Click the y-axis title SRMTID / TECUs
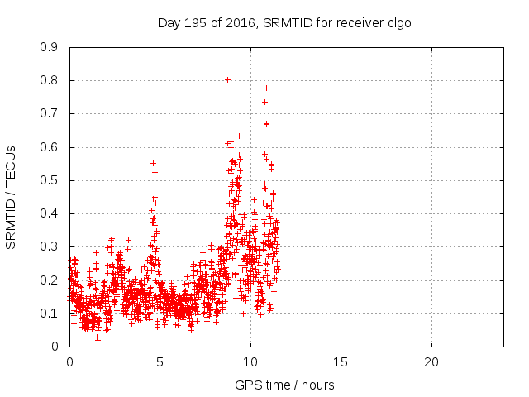pyautogui.click(x=11, y=197)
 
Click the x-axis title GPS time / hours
pyautogui.click(x=285, y=385)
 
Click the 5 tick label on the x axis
pyautogui.click(x=160, y=362)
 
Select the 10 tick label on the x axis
pyautogui.click(x=250, y=362)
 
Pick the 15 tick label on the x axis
pyautogui.click(x=341, y=362)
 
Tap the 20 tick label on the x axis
pyautogui.click(x=431, y=362)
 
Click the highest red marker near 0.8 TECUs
pyautogui.click(x=227, y=80)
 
